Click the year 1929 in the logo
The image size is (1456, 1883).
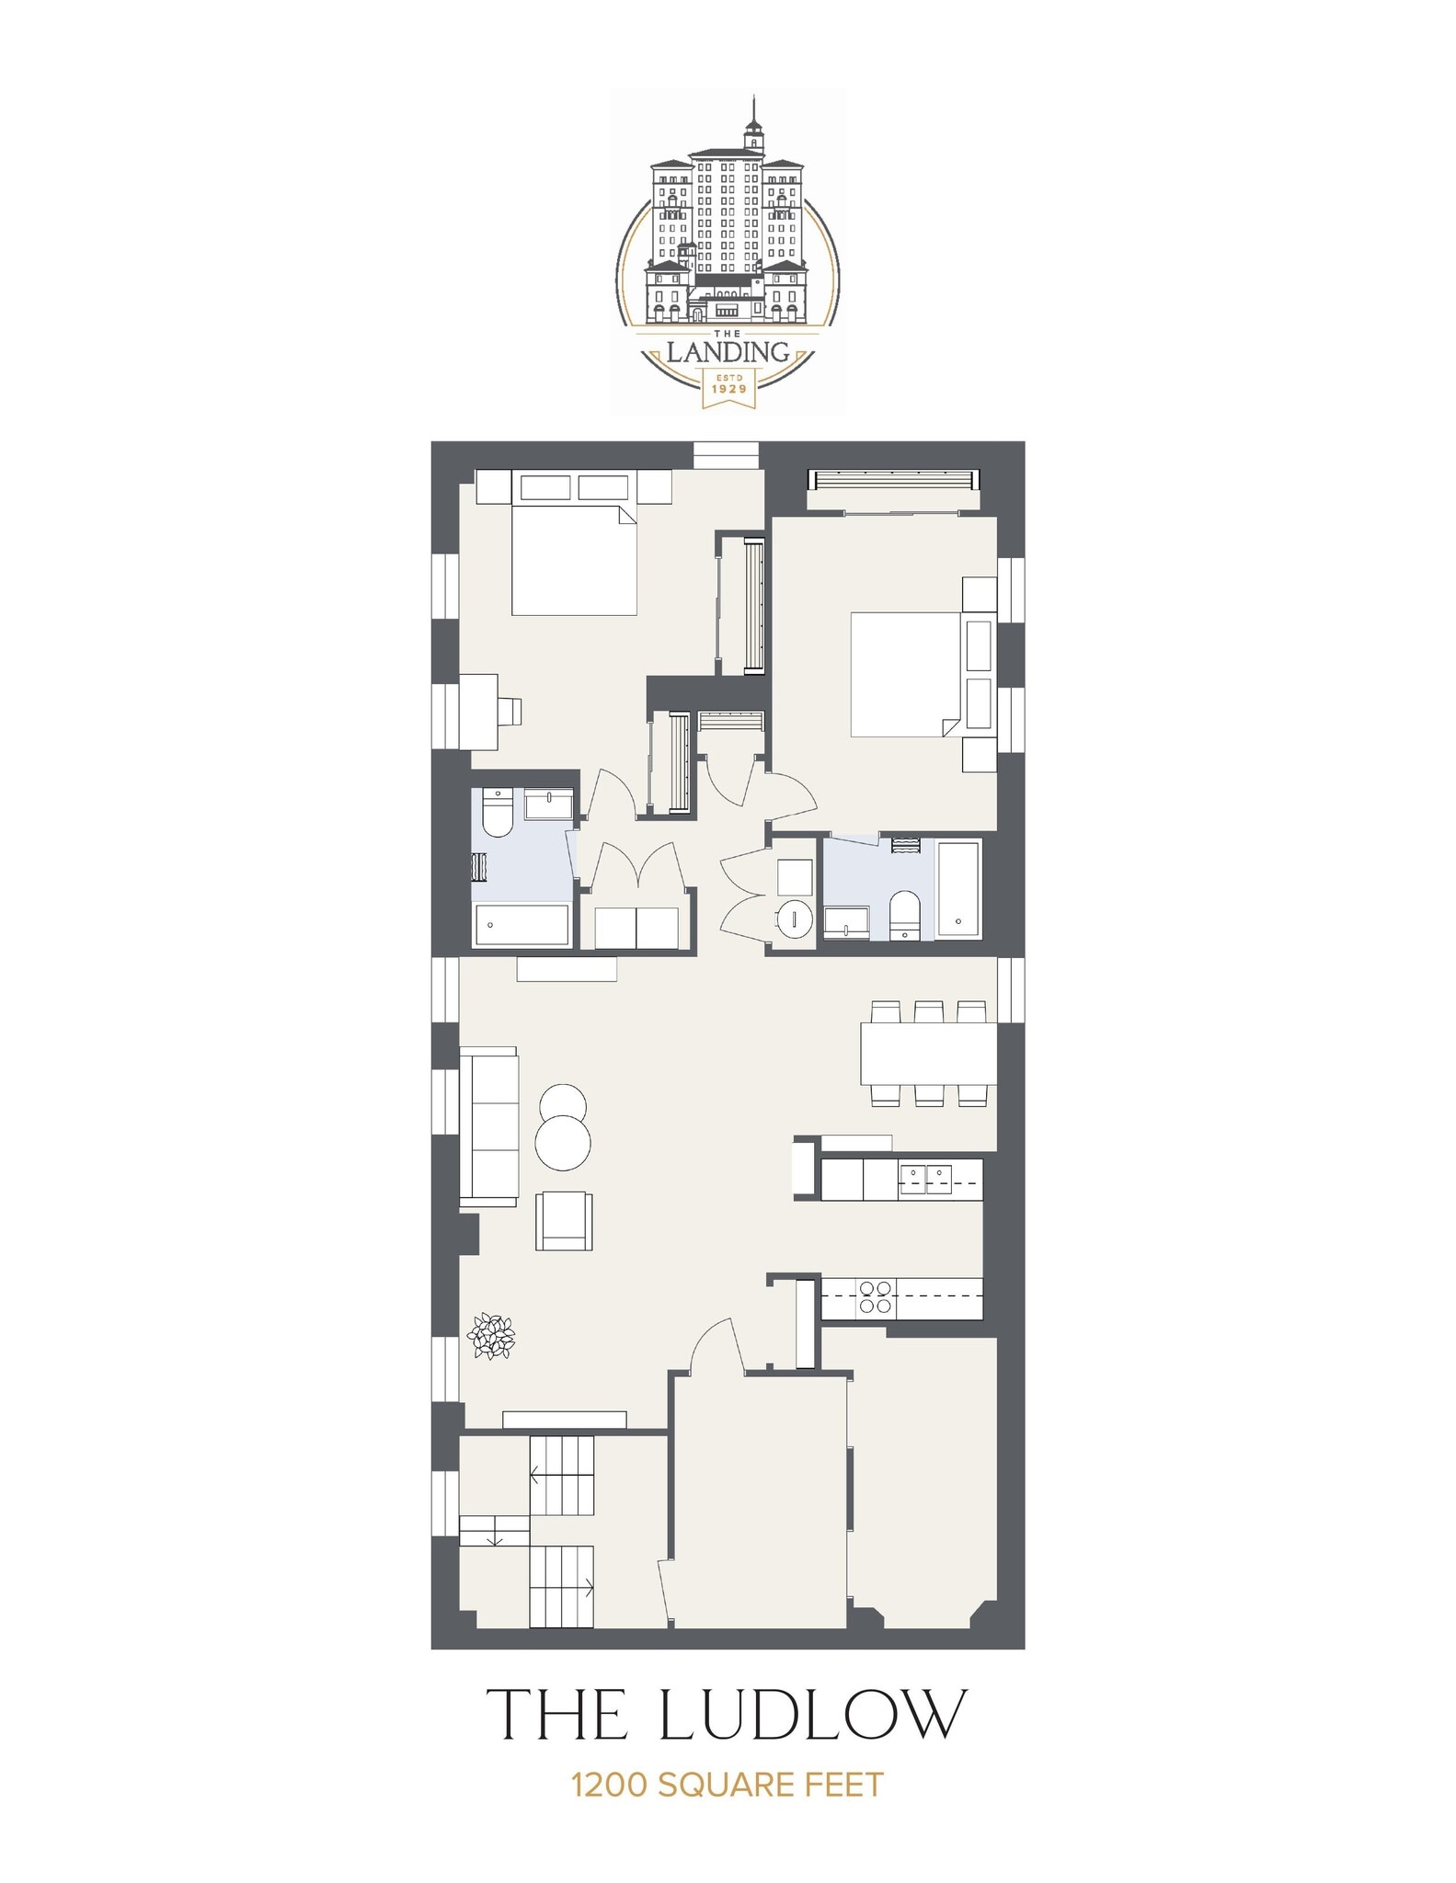coord(728,389)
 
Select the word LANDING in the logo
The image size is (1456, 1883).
coord(728,351)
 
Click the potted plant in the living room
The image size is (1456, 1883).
coord(490,1336)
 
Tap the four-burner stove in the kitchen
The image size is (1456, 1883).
coord(874,1296)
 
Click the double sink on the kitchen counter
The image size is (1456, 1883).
coord(925,1179)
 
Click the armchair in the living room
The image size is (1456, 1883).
coord(565,1220)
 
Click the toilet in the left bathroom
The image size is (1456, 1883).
coord(497,815)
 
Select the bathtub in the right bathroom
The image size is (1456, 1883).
coord(958,887)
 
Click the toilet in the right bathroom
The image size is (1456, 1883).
coord(905,913)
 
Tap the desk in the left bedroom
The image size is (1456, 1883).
coord(480,708)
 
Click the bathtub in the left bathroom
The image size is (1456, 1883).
coord(522,924)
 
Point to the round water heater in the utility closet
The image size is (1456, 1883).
coord(793,918)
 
